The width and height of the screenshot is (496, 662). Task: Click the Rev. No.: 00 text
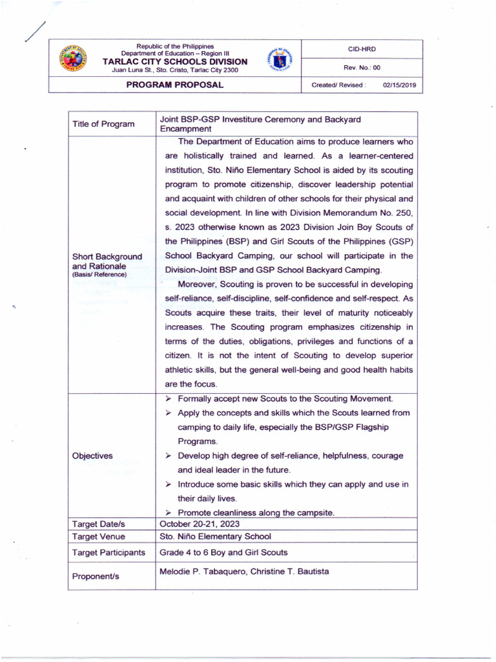click(x=362, y=67)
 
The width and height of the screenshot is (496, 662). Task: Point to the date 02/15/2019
click(x=399, y=85)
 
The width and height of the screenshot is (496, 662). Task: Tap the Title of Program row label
click(x=103, y=124)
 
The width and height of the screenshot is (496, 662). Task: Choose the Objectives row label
click(x=92, y=456)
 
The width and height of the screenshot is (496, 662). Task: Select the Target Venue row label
click(x=99, y=537)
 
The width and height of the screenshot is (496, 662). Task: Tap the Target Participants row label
click(x=108, y=553)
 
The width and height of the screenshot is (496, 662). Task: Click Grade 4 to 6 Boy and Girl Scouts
click(x=223, y=553)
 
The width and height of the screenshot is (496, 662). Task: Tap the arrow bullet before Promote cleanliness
click(x=167, y=513)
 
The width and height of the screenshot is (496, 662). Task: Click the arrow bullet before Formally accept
click(x=167, y=399)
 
